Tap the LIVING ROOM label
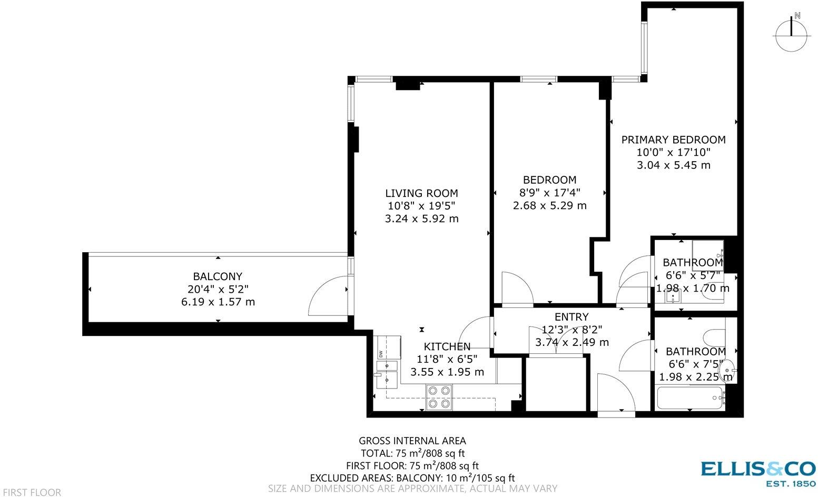421,193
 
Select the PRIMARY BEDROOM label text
673,140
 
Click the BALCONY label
218,276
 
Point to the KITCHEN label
447,346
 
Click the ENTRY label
571,317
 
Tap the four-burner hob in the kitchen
439,397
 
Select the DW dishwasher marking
379,353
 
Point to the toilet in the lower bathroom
714,336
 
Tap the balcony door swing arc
327,297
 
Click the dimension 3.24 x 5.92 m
421,218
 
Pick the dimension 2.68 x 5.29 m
549,205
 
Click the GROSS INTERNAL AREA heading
412,441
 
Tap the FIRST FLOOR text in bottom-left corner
31,492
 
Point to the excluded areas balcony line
412,478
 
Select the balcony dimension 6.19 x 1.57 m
218,302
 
